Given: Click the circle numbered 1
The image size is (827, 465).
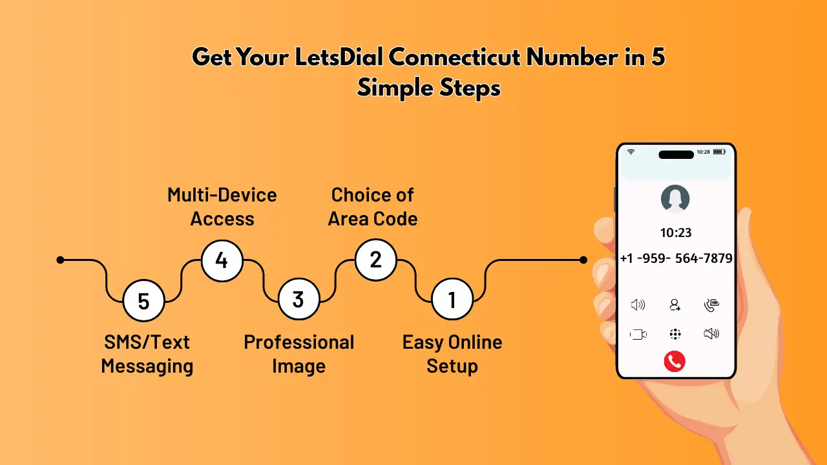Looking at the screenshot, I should click(452, 300).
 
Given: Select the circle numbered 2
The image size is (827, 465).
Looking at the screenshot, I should click(375, 260).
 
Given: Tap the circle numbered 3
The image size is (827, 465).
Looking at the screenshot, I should click(298, 300).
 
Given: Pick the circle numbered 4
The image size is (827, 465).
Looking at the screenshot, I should click(222, 260).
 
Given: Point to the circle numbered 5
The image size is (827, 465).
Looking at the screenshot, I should click(143, 300).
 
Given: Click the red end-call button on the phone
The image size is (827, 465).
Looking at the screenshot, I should click(675, 362).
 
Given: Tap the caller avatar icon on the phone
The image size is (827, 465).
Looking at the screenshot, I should click(675, 199).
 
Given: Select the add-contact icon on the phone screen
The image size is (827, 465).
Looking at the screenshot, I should click(675, 305).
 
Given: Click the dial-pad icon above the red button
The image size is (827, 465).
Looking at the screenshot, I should click(675, 334).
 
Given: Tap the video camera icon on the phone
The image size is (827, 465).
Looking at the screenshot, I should click(638, 334).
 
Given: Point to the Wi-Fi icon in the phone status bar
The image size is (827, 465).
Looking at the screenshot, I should click(631, 152).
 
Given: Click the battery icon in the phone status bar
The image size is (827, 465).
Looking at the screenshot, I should click(719, 152).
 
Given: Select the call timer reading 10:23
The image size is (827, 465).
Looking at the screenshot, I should click(675, 232).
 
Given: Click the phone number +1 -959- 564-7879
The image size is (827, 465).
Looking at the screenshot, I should click(676, 258).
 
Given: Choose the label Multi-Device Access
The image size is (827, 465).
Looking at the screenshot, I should click(222, 207).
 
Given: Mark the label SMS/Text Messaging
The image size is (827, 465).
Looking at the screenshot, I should click(147, 354).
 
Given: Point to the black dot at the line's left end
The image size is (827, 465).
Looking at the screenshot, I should click(60, 260).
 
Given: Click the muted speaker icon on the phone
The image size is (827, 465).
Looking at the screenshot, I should click(711, 334).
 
